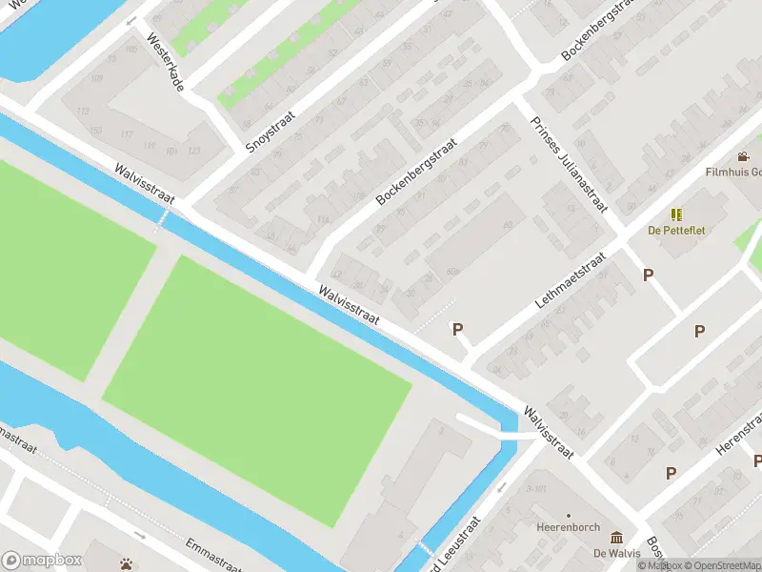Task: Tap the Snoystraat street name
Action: click(x=271, y=132)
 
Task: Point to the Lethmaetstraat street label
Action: click(x=571, y=280)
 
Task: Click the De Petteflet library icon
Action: click(x=676, y=214)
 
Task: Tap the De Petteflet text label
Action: click(x=676, y=231)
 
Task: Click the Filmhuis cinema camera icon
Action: click(x=743, y=156)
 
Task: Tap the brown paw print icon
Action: click(x=126, y=563)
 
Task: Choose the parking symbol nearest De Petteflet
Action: click(x=649, y=275)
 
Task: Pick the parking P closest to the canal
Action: click(x=457, y=329)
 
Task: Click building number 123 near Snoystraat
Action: click(x=194, y=151)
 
